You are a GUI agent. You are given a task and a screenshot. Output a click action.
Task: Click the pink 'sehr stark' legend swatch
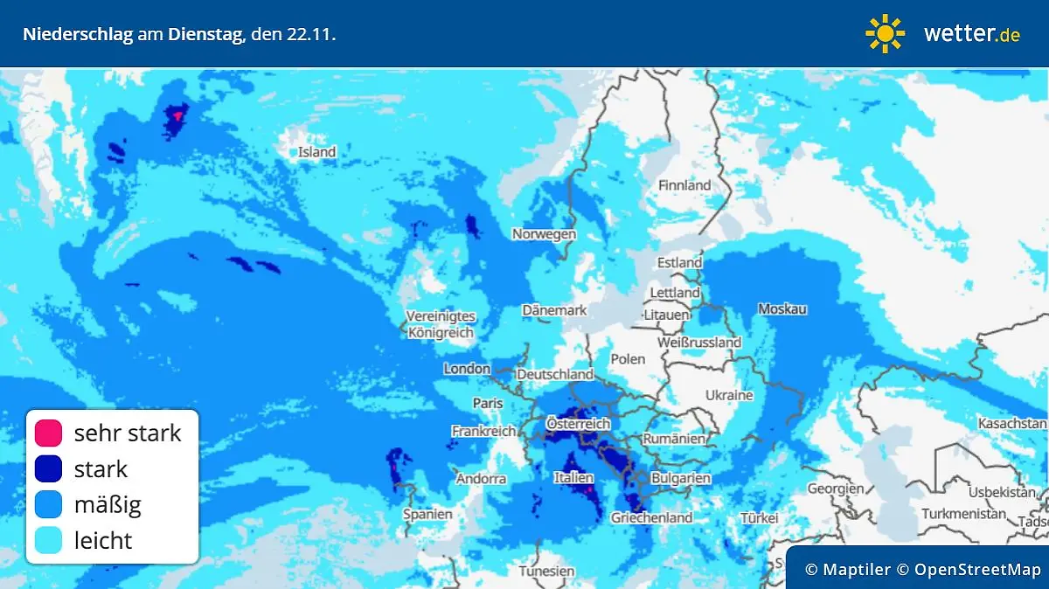[48, 433]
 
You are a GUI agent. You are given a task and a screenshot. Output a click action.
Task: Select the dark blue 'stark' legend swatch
[48, 468]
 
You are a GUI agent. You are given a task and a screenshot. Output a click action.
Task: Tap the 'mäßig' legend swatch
[48, 504]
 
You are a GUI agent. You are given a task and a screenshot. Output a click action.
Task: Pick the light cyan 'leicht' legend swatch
[48, 540]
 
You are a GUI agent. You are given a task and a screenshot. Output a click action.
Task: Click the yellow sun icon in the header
[885, 33]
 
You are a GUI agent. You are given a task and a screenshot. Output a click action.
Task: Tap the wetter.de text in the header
[971, 34]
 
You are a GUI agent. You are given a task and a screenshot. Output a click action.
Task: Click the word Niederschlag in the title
[77, 35]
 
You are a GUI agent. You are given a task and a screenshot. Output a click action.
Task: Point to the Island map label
[316, 152]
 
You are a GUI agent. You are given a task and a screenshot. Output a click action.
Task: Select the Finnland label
[684, 185]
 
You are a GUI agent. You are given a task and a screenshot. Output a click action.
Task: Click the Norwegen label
[544, 234]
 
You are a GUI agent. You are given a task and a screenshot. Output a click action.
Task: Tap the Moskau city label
[782, 309]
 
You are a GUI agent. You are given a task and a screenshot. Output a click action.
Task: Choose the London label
[467, 369]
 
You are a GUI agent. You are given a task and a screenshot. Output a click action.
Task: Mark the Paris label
[488, 403]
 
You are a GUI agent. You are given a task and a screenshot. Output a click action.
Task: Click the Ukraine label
[728, 395]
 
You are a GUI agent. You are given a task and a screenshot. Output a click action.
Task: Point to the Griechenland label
[651, 517]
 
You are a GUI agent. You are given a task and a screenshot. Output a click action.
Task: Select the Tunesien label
[546, 572]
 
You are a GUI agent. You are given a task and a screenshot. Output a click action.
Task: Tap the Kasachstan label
[1012, 423]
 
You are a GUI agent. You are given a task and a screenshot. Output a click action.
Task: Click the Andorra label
[481, 479]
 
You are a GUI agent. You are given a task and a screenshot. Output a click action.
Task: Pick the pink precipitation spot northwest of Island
[178, 114]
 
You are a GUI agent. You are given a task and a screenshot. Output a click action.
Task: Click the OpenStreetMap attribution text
[977, 570]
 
